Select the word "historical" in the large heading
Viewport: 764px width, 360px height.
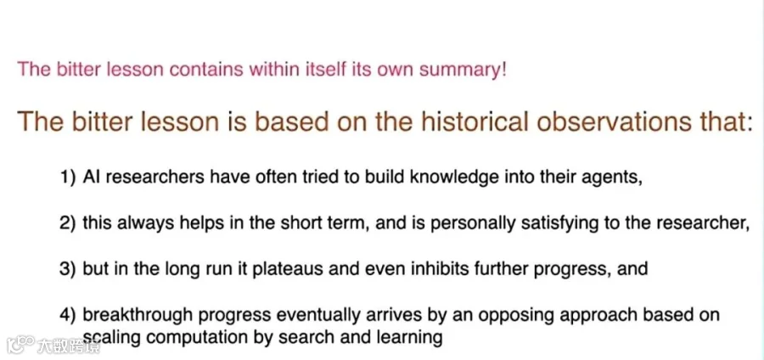(x=475, y=121)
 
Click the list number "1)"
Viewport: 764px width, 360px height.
(x=68, y=178)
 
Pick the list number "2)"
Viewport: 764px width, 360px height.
(x=68, y=224)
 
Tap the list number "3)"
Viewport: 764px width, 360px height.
(x=68, y=269)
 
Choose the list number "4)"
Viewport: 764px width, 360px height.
(x=68, y=316)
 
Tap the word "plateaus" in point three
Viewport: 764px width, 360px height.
(x=287, y=270)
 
